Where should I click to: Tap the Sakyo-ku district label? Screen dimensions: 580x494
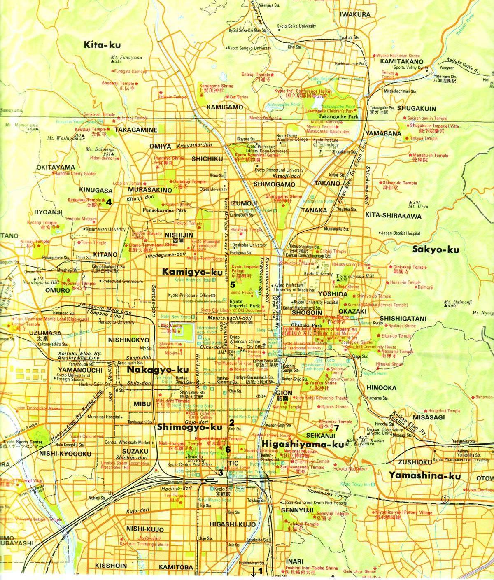[432, 249]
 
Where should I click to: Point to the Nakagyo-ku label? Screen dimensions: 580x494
[152, 370]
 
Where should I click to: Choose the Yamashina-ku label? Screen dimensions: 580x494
[424, 476]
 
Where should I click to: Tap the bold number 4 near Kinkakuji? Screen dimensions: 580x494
[109, 202]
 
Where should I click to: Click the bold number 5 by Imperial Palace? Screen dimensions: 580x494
[233, 284]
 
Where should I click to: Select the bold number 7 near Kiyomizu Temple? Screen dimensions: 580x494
[336, 428]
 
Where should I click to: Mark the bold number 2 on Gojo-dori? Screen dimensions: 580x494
[231, 423]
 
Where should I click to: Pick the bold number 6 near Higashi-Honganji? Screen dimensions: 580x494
[228, 450]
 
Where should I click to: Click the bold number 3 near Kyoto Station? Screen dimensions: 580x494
[221, 473]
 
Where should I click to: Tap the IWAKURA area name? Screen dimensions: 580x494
[355, 14]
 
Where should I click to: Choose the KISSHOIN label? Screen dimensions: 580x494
[110, 566]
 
